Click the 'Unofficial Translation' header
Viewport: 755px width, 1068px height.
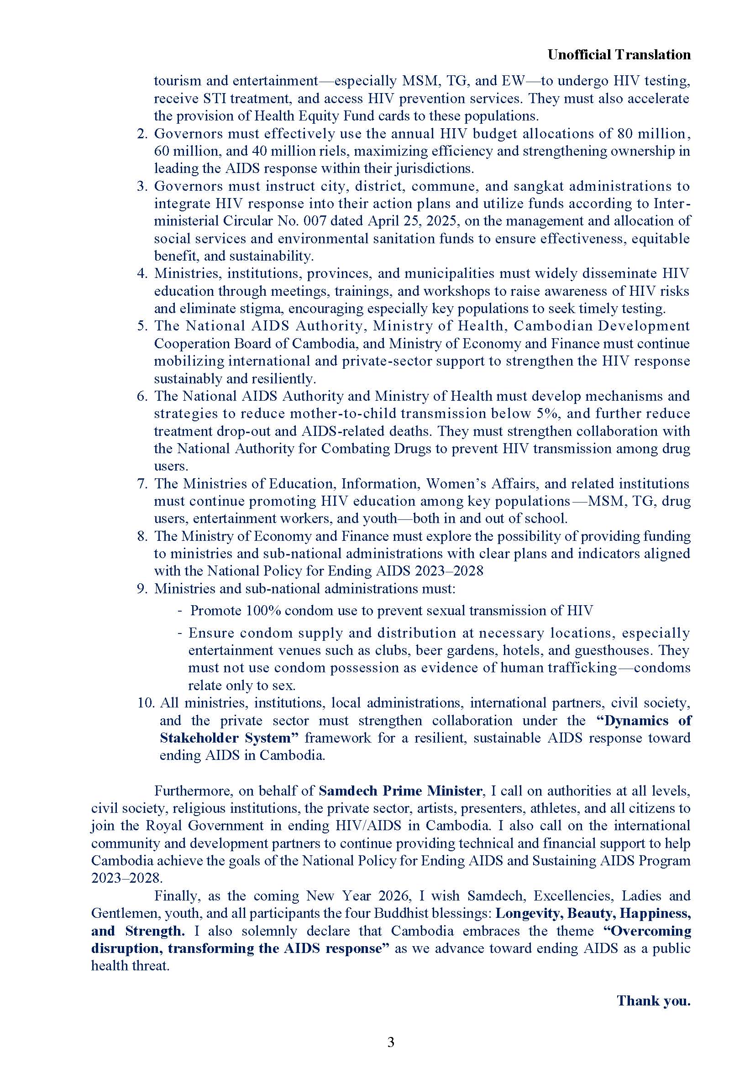(x=619, y=55)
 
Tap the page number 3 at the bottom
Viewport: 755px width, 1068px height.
(x=391, y=1042)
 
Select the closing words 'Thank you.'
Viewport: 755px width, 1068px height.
(x=654, y=1000)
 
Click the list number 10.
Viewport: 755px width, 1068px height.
(x=146, y=703)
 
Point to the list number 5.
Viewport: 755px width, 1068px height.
(x=142, y=326)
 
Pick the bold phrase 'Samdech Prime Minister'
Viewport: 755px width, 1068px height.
(x=400, y=791)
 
